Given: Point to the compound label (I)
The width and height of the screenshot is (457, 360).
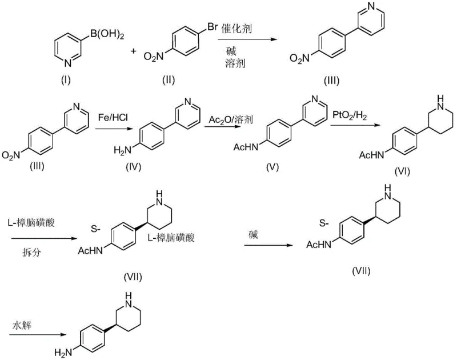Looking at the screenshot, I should coord(66,80).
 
